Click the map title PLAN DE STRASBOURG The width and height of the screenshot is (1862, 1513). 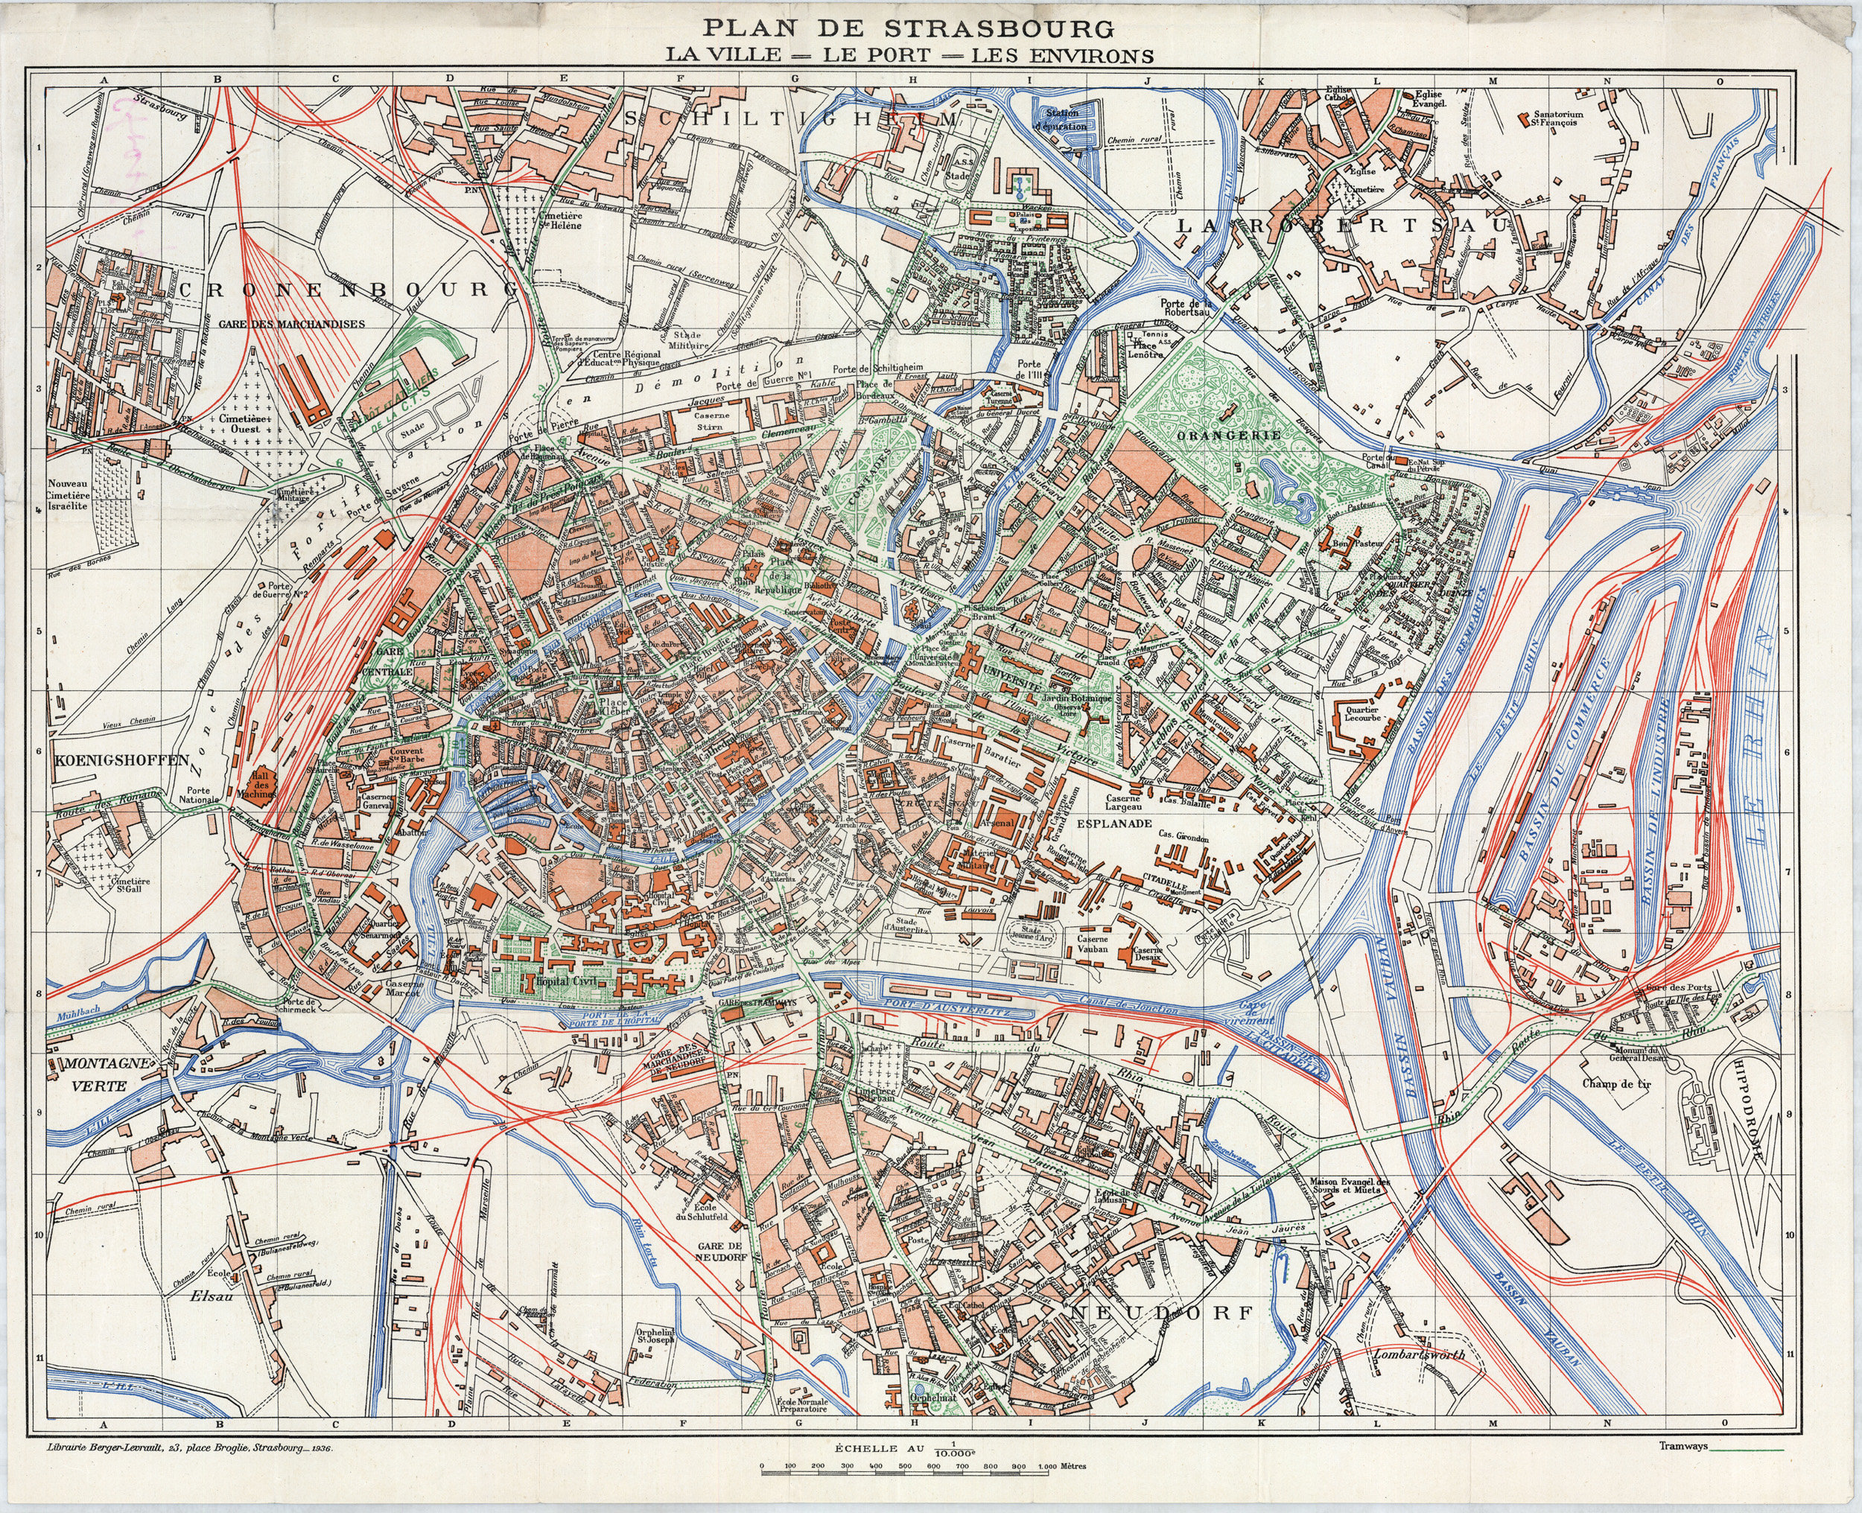click(x=909, y=29)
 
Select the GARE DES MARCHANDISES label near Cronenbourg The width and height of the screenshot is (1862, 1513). click(x=291, y=323)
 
